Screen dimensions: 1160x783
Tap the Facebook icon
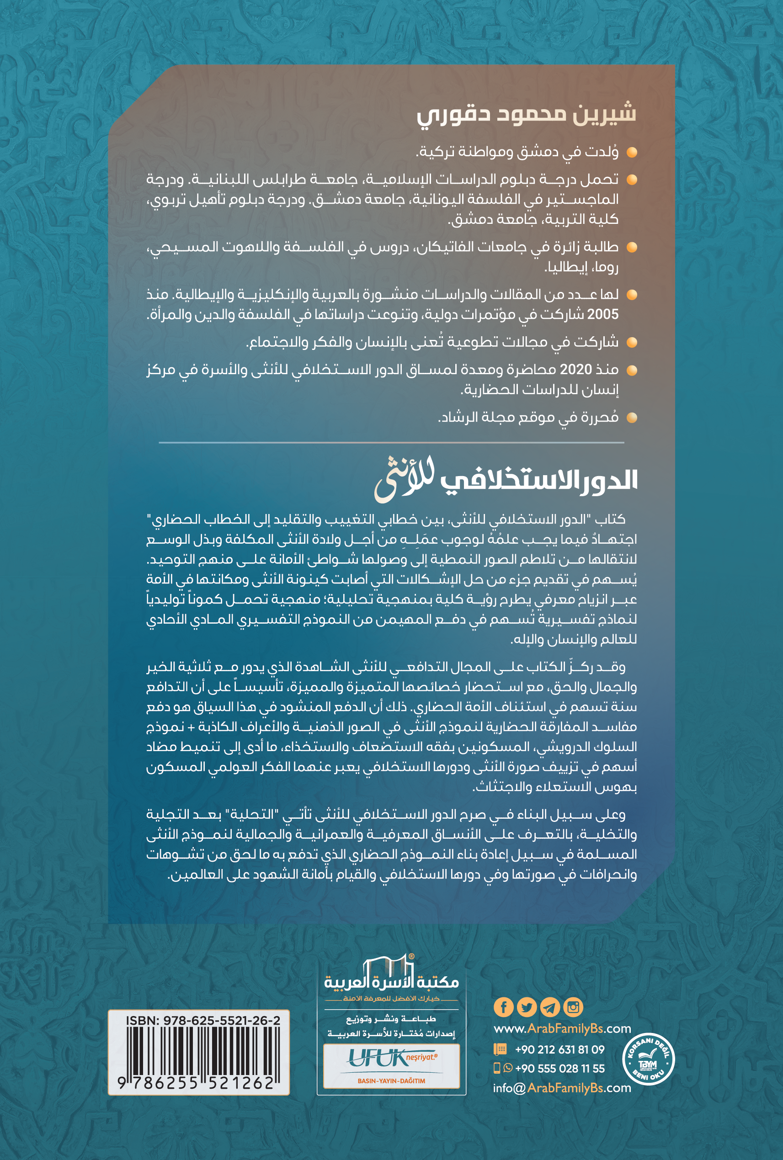(x=503, y=1007)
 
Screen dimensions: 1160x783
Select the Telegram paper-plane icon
(x=550, y=1007)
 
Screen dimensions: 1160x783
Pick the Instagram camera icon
(x=573, y=1007)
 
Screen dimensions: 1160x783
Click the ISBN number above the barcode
(x=203, y=1020)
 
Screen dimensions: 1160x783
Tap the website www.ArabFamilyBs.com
(x=562, y=1029)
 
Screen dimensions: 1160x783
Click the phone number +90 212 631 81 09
(x=559, y=1049)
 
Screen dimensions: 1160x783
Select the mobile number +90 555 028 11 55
(x=559, y=1068)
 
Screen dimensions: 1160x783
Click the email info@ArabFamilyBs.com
(x=562, y=1088)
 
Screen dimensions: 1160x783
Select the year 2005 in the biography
(x=603, y=314)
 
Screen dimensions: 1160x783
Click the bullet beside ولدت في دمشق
(x=632, y=152)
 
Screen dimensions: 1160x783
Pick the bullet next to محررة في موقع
(x=632, y=417)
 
